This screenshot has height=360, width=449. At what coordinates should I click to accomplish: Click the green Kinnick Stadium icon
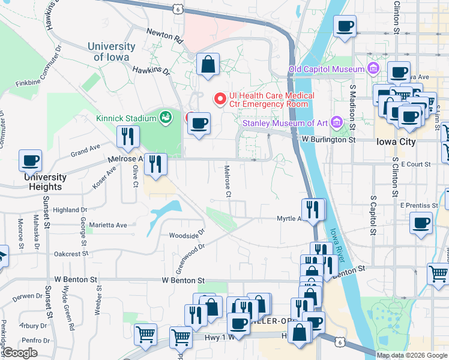click(165, 116)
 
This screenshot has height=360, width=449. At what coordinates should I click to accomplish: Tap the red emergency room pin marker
click(220, 97)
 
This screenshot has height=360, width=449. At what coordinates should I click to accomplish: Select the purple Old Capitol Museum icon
click(373, 69)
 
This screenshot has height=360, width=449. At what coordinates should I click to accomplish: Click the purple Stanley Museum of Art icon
click(337, 124)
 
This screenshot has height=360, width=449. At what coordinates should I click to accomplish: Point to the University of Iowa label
click(111, 52)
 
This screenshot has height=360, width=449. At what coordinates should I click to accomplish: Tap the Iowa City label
click(395, 142)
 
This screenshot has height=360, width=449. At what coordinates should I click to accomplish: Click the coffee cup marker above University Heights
click(31, 161)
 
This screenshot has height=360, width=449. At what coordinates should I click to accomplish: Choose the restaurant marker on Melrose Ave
click(155, 164)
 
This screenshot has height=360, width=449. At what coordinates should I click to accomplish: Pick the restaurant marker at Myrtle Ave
click(313, 209)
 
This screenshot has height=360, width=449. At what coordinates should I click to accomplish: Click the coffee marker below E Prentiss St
click(421, 223)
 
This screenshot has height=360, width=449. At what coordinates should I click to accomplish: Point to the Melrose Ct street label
click(228, 181)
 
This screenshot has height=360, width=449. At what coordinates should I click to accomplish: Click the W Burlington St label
click(328, 140)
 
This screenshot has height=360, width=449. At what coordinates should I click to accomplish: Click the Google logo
click(19, 353)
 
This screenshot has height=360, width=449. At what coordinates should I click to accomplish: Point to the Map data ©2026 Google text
click(412, 355)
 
